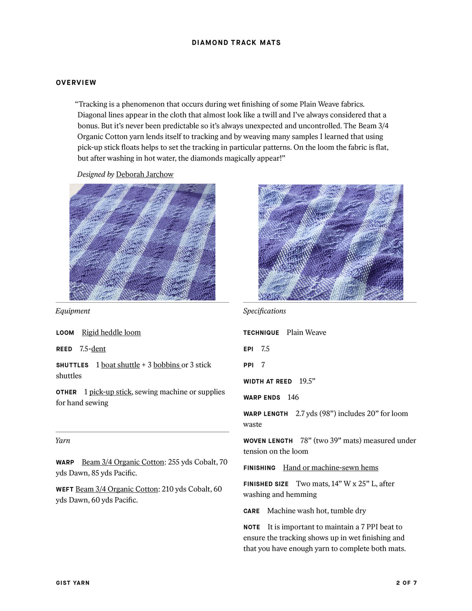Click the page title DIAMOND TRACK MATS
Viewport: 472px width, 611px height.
point(236,42)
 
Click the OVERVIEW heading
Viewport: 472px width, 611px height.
point(76,83)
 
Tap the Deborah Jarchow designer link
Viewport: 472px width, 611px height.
point(144,174)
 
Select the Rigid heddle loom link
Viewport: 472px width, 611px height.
point(111,332)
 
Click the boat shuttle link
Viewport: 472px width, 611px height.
point(120,365)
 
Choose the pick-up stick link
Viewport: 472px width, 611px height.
point(110,392)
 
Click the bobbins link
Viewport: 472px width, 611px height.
point(167,365)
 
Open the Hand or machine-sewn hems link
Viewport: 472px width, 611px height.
point(330,467)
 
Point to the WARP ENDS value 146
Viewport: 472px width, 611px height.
point(293,397)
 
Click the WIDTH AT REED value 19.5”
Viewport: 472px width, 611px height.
point(307,381)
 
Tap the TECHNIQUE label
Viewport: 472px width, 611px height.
point(261,333)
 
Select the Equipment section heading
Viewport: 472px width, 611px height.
point(73,311)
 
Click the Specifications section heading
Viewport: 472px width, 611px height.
point(264,311)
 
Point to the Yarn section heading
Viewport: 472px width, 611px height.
point(63,440)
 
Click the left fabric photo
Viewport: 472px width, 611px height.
point(142,242)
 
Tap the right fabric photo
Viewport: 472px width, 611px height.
point(330,242)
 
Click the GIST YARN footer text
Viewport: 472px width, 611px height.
point(73,583)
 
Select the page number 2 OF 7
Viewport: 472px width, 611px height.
point(406,583)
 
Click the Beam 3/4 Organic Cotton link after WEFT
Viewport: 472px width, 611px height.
point(116,489)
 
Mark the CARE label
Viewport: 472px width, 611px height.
point(251,511)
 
